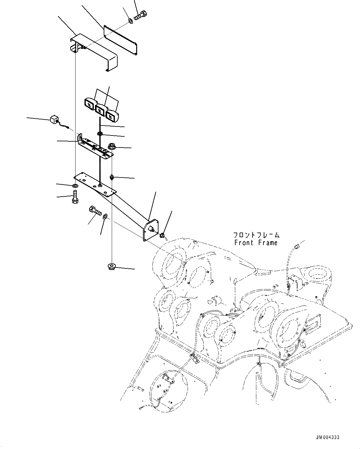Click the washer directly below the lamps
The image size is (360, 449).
pos(100,134)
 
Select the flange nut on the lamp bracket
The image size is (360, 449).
pos(111,147)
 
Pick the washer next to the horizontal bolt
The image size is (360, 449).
pos(105,216)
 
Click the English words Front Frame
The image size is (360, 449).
pos(256,243)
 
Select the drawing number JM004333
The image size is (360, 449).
pos(327,437)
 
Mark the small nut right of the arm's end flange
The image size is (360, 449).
pos(162,236)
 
